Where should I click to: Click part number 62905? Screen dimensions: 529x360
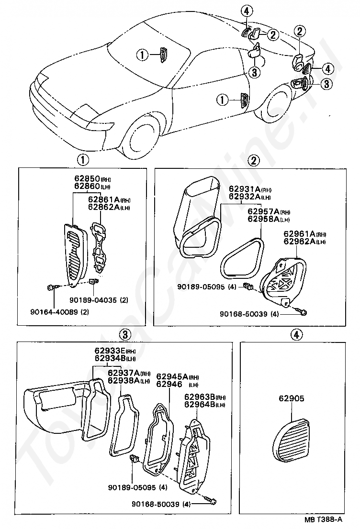point(290,398)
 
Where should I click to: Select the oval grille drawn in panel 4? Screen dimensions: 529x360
point(293,441)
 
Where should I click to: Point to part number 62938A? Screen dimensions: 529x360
point(123,381)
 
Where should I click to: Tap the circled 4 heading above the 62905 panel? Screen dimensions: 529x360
point(296,334)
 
